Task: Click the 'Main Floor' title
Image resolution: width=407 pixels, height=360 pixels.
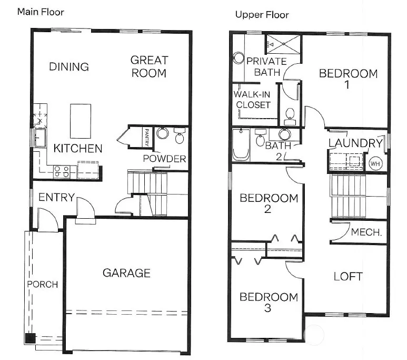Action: point(41,12)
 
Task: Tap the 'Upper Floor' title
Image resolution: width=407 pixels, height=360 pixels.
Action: point(262,15)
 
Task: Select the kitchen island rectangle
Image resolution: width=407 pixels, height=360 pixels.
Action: point(81,121)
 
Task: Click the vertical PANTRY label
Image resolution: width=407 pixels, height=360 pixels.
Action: point(147,137)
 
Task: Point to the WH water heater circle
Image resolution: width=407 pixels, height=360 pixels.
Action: point(375,163)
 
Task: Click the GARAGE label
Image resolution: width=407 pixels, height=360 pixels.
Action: point(126,273)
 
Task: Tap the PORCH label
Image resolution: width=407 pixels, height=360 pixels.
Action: point(43,284)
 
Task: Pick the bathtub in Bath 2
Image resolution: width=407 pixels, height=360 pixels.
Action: point(241,144)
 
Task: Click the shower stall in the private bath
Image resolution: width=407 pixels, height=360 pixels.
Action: point(283,44)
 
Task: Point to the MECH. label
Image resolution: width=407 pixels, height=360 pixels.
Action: point(366,232)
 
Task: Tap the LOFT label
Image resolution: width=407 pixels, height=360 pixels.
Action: point(348,277)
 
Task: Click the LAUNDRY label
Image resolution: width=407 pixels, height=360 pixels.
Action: point(355,143)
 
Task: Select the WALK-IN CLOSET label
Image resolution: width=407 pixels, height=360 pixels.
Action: point(252,100)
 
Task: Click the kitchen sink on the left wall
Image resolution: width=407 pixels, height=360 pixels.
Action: point(39,138)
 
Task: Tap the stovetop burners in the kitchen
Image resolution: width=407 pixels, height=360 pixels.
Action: point(62,172)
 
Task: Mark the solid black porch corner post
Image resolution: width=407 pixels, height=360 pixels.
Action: point(31,338)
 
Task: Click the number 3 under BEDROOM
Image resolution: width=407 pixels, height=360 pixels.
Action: point(267,308)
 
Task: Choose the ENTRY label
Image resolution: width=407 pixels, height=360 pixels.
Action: point(56,197)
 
